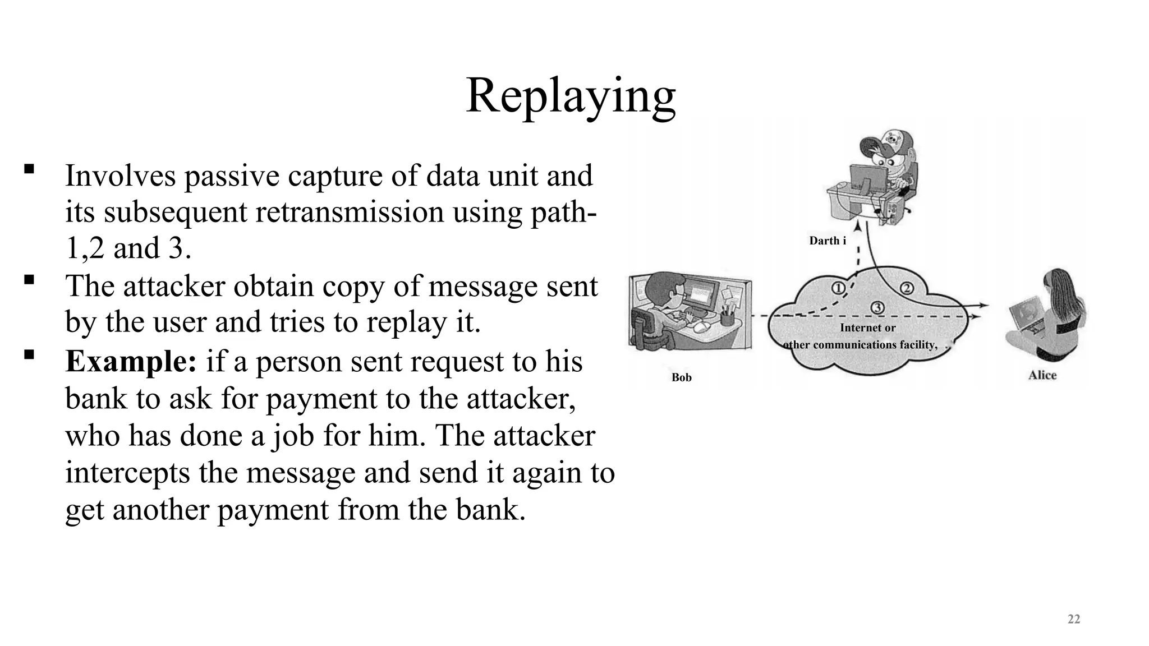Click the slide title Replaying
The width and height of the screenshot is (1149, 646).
point(571,96)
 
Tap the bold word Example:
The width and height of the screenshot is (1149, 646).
point(131,361)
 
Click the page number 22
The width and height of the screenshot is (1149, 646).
point(1073,619)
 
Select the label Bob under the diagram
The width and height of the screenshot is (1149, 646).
point(681,377)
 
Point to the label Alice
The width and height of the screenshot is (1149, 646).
point(1042,375)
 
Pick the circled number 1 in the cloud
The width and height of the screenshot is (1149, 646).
point(837,288)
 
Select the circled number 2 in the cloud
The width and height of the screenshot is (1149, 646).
point(907,288)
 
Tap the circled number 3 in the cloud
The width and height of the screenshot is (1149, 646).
point(877,307)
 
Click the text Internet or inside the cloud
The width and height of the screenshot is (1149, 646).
point(867,327)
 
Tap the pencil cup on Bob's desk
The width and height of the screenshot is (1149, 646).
point(727,317)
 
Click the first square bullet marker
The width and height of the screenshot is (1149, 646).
point(29,169)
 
